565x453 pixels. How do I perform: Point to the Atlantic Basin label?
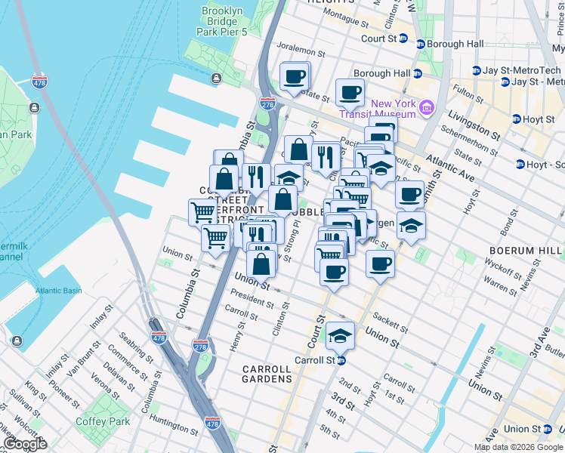pos(63,291)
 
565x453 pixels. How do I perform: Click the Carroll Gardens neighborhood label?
pos(266,374)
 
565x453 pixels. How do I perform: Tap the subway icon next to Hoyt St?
pos(516,119)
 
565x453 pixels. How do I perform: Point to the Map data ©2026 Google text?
pos(518,447)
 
